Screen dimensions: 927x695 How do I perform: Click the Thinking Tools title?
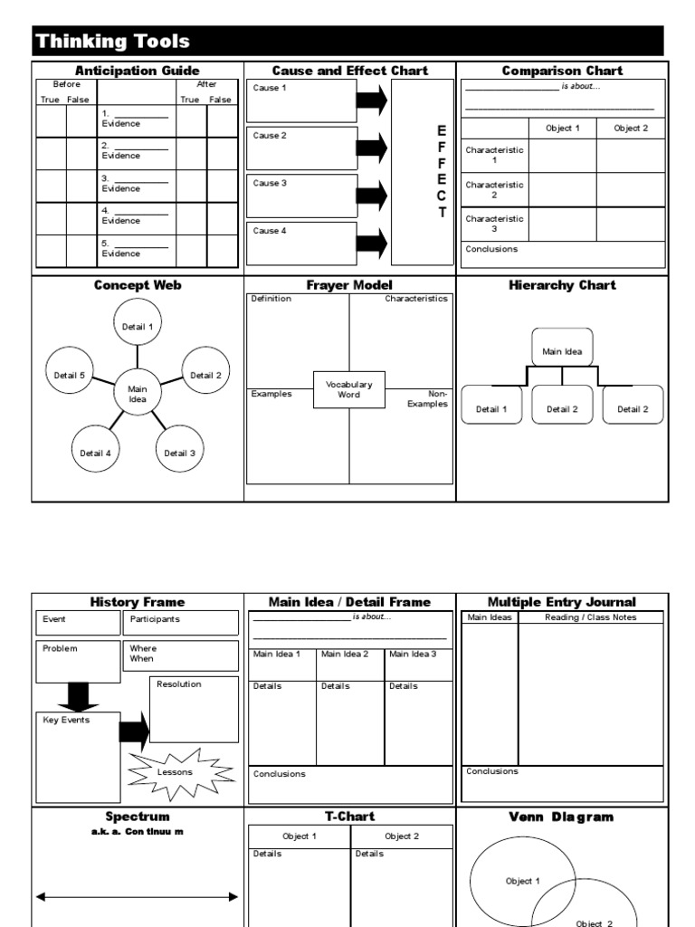pyautogui.click(x=112, y=41)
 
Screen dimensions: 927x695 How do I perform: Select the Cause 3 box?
pyautogui.click(x=301, y=196)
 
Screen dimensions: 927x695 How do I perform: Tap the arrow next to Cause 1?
pyautogui.click(x=371, y=100)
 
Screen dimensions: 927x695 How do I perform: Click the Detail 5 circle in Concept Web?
pyautogui.click(x=69, y=375)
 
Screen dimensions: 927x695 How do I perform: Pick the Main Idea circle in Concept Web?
pyautogui.click(x=138, y=394)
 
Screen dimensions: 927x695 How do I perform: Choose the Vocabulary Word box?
pyautogui.click(x=349, y=390)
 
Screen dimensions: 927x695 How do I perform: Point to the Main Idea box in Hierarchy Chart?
pyautogui.click(x=562, y=350)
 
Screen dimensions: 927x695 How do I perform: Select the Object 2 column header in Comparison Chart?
pyautogui.click(x=631, y=129)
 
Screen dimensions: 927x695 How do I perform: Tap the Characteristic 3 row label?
pyautogui.click(x=494, y=223)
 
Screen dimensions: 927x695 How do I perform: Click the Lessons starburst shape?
pyautogui.click(x=176, y=772)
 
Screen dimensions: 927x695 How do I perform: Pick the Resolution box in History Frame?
pyautogui.click(x=194, y=709)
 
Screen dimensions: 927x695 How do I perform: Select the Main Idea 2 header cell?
pyautogui.click(x=350, y=655)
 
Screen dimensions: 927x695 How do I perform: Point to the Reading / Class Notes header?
pyautogui.click(x=590, y=617)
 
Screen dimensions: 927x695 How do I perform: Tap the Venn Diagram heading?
pyautogui.click(x=562, y=817)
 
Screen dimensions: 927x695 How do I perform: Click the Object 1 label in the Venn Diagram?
pyautogui.click(x=523, y=881)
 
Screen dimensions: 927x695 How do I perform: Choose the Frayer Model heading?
pyautogui.click(x=349, y=285)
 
